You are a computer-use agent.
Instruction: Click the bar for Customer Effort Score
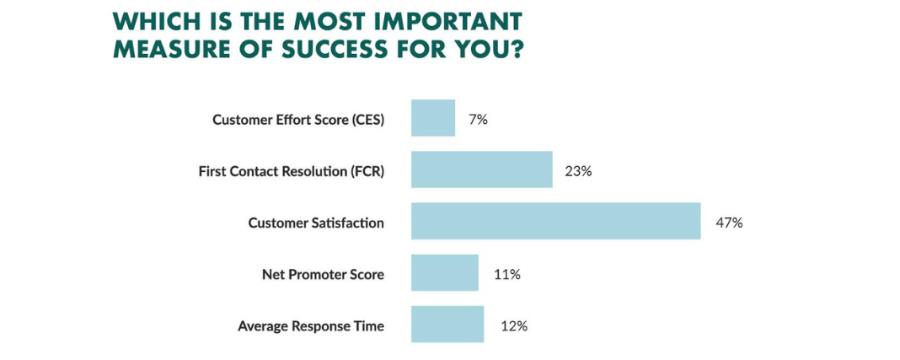tap(433, 118)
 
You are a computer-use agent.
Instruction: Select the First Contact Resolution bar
tap(482, 169)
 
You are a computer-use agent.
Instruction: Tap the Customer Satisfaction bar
tap(555, 221)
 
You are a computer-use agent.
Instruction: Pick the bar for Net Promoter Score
tap(445, 272)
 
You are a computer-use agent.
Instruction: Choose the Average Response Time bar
tap(447, 325)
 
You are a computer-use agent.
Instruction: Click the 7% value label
tap(478, 120)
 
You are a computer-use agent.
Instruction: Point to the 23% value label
tap(578, 172)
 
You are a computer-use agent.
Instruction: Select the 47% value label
tap(729, 223)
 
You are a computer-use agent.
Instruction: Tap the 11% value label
tap(506, 275)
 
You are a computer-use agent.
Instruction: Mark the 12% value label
tap(514, 327)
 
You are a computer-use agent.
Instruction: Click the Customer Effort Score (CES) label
tap(298, 120)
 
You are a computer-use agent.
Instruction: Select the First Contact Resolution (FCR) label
tap(291, 172)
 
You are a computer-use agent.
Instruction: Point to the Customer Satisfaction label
tap(316, 223)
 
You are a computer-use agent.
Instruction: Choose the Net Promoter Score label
tap(323, 275)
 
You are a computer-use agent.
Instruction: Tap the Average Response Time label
tap(311, 327)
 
